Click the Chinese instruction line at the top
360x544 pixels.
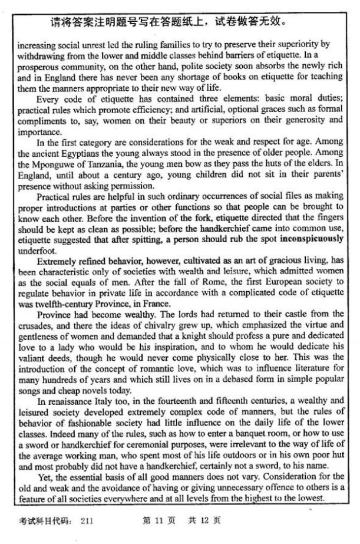click(x=168, y=24)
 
